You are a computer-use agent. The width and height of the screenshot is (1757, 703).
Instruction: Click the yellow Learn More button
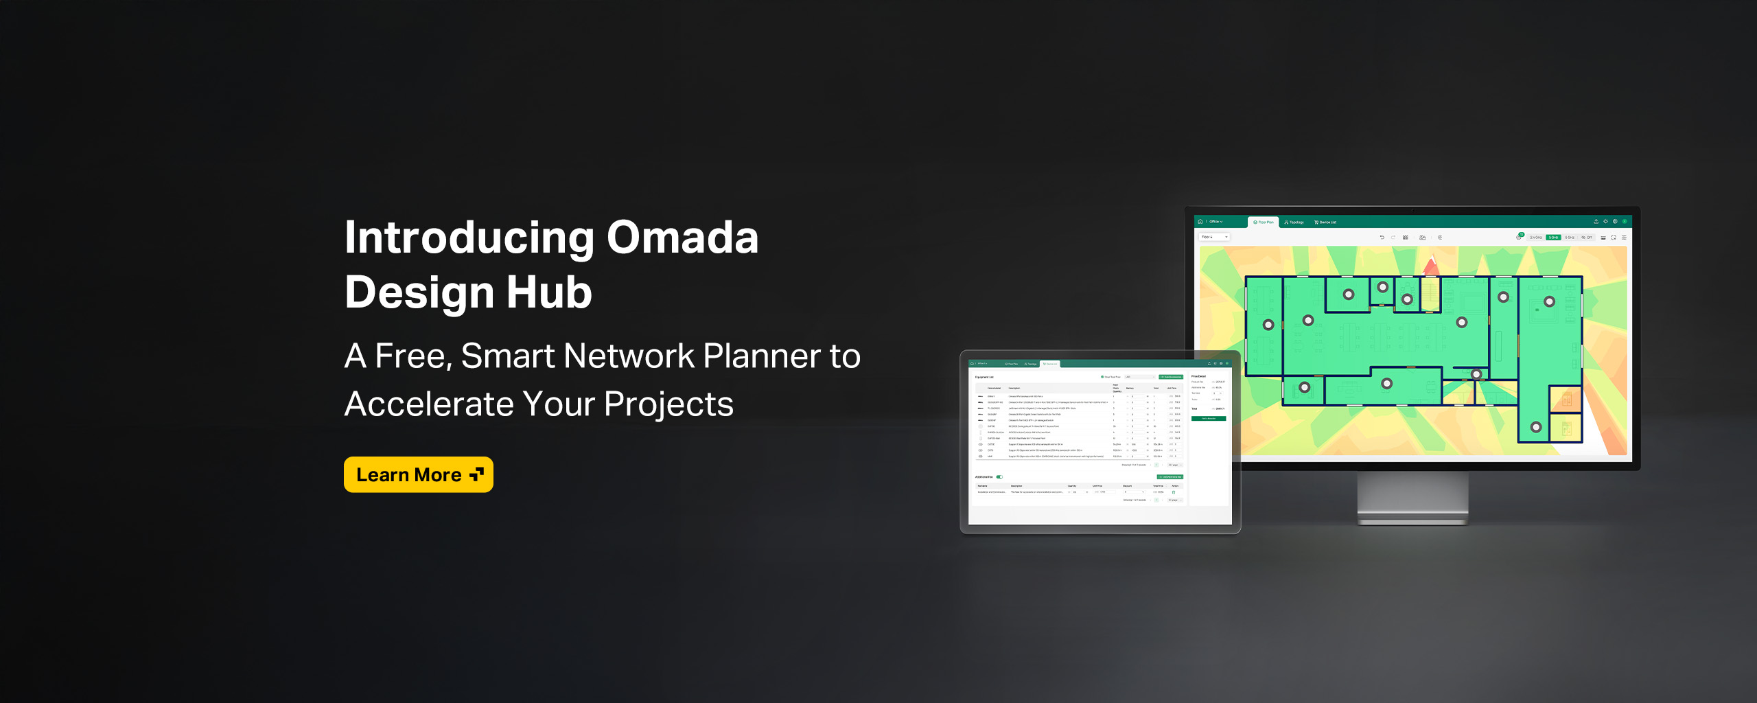point(418,474)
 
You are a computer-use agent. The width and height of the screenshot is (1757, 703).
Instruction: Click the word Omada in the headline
point(682,238)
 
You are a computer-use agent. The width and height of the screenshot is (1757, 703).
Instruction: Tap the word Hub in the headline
point(548,292)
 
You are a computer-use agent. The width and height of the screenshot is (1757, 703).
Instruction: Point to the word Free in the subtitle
point(412,356)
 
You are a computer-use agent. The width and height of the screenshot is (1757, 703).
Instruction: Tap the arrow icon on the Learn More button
point(477,474)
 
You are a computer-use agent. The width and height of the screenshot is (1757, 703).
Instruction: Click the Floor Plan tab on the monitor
point(1263,222)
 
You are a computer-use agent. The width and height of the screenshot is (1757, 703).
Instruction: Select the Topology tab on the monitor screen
point(1294,222)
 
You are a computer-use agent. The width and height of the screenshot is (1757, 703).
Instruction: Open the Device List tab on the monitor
point(1325,222)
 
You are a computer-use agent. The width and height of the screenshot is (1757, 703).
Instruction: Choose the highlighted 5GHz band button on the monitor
point(1553,238)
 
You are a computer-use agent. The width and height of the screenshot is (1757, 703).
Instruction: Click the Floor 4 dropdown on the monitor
point(1213,237)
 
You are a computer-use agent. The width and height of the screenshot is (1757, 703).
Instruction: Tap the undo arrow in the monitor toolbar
point(1382,238)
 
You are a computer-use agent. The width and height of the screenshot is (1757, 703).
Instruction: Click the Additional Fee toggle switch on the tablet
point(999,476)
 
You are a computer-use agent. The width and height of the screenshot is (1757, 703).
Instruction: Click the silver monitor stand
point(1412,498)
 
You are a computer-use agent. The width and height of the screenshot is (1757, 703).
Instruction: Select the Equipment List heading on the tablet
point(984,377)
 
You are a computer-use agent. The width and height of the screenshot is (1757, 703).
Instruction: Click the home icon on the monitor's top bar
point(1200,222)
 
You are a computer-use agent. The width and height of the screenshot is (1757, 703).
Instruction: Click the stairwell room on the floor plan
point(1430,294)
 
